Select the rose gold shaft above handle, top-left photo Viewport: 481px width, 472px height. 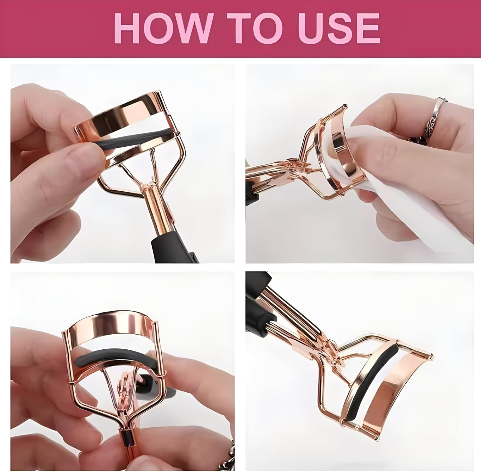pyautogui.click(x=159, y=205)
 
